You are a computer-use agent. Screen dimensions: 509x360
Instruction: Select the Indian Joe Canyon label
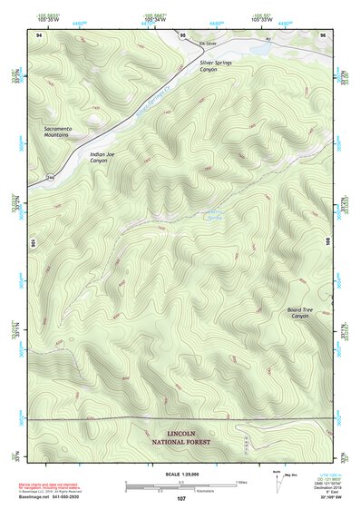click(105, 156)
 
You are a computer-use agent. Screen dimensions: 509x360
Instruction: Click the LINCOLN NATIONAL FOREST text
click(181, 437)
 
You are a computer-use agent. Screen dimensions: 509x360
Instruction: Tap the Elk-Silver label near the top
click(186, 43)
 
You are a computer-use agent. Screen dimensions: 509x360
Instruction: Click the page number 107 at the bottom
click(181, 498)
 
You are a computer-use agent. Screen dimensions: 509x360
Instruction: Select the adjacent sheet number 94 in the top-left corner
click(38, 34)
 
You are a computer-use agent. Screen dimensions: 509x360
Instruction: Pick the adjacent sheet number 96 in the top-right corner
click(323, 34)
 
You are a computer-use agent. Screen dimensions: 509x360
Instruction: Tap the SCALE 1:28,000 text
click(181, 475)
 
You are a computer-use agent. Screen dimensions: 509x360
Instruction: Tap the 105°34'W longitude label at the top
click(153, 17)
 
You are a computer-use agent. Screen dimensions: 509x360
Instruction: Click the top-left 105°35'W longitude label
click(52, 17)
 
